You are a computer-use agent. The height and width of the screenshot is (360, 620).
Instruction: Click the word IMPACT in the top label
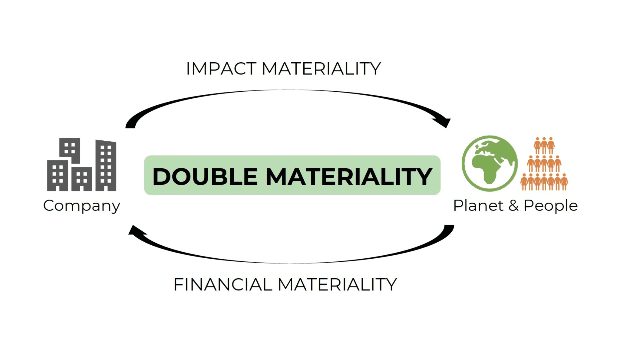click(221, 69)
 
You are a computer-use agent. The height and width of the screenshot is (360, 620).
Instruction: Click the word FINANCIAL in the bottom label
click(223, 285)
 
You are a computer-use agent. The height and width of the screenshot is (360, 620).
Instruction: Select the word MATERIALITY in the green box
click(349, 177)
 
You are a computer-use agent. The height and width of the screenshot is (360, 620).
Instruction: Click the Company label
click(82, 206)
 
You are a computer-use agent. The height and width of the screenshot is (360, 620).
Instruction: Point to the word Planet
click(478, 206)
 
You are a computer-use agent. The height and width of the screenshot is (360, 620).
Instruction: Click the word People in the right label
click(551, 206)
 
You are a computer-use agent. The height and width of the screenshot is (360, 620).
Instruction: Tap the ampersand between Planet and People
click(513, 206)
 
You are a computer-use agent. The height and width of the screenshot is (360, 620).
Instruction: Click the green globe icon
click(490, 163)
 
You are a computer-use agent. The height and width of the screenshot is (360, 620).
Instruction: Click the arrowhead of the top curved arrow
click(444, 122)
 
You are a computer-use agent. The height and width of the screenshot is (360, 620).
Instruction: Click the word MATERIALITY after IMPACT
click(321, 69)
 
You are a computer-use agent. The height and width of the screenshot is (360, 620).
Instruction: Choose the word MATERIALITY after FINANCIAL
click(337, 285)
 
